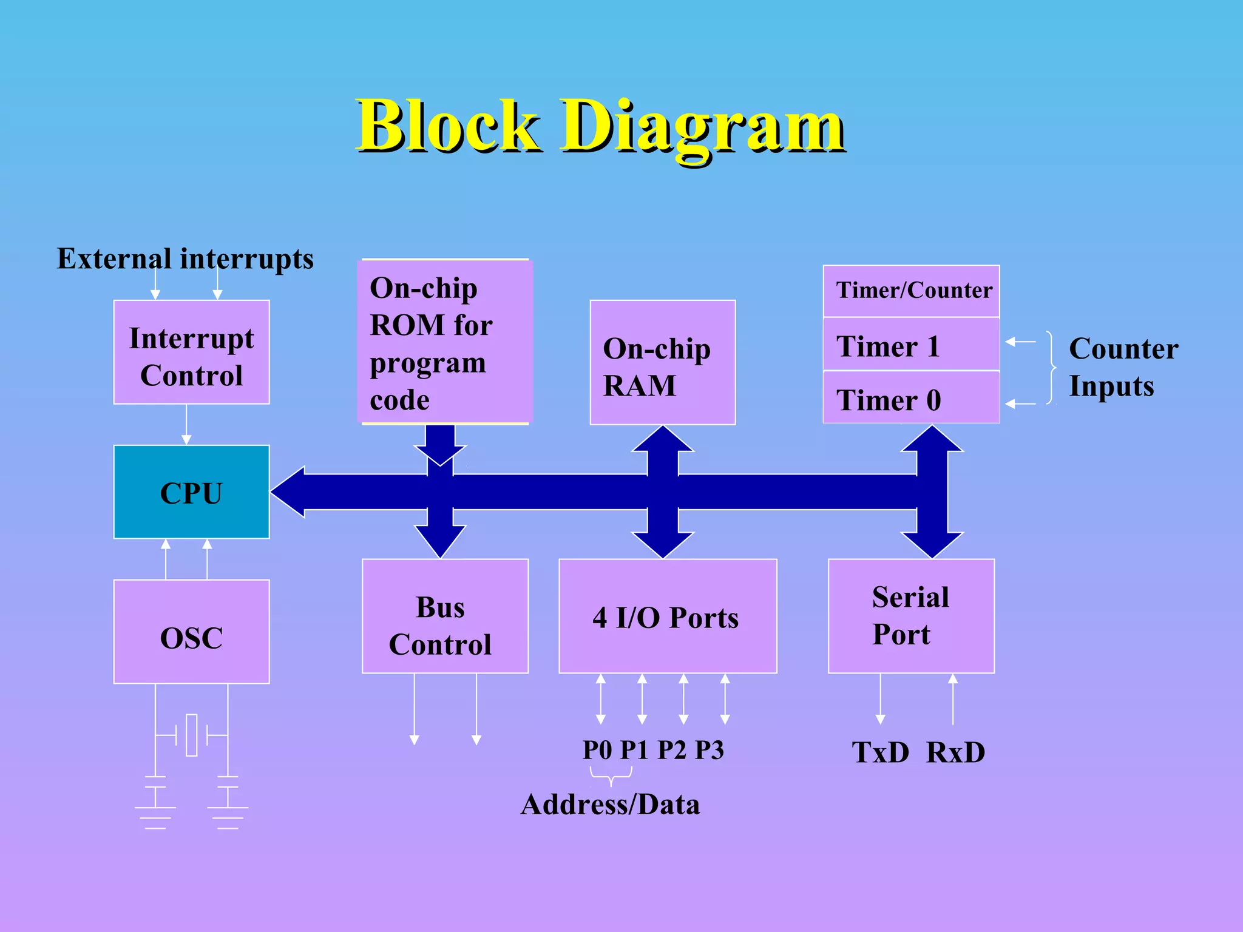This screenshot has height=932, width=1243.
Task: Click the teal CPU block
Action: [191, 492]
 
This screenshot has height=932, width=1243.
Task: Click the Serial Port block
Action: [910, 616]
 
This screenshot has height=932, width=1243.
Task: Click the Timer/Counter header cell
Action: [910, 291]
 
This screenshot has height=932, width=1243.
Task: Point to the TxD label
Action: [880, 752]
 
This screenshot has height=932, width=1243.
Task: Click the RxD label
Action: [955, 752]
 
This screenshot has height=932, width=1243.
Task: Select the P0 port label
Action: [597, 750]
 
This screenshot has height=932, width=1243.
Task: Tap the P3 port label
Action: [709, 750]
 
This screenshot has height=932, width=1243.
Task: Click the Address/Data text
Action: [610, 805]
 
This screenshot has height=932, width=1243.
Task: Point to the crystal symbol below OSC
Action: [191, 735]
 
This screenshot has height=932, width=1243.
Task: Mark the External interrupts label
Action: [185, 258]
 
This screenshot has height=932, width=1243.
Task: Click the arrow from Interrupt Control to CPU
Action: [186, 424]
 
